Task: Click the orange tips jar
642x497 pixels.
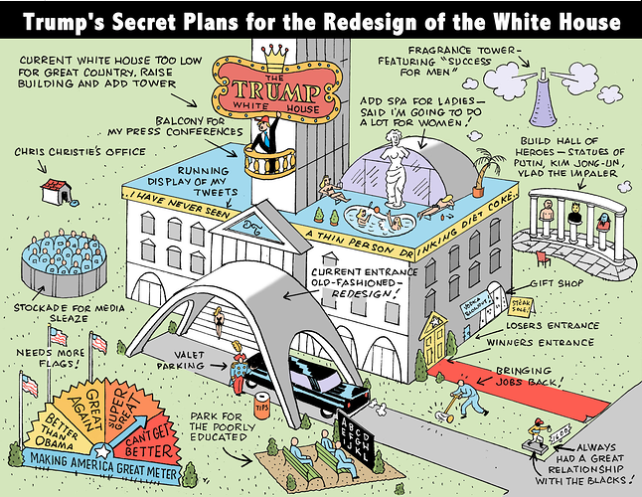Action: (x=262, y=405)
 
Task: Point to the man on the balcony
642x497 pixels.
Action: (x=262, y=135)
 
